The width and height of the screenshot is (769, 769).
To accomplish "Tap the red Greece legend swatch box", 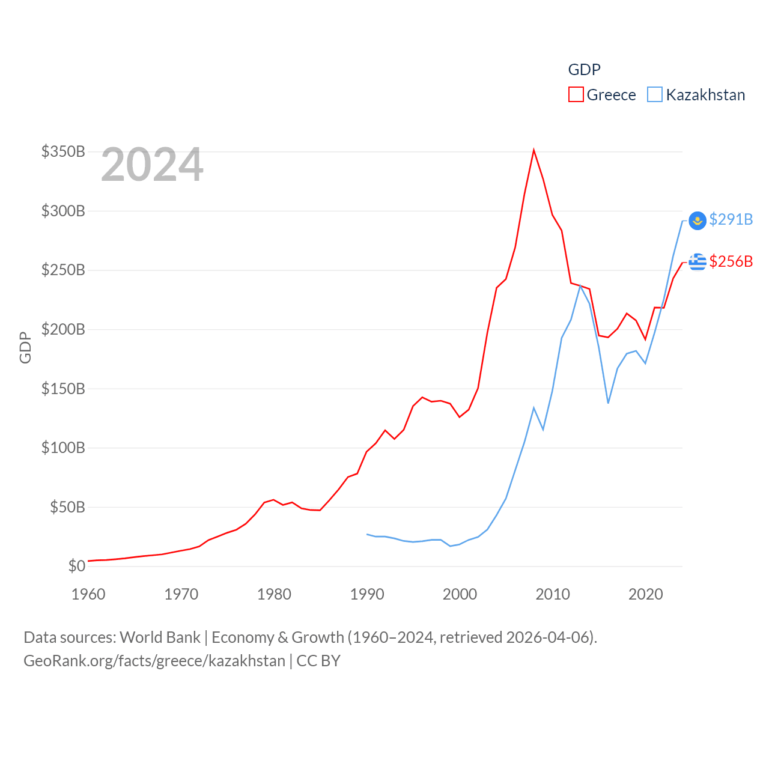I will tap(576, 95).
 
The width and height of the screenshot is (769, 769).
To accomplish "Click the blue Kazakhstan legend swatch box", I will tap(655, 95).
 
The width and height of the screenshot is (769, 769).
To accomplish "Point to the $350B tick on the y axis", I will tap(63, 151).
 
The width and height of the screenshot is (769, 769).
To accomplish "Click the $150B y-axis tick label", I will tap(63, 389).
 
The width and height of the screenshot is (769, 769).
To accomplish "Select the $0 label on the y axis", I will tap(77, 566).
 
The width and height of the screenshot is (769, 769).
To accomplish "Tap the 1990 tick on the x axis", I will tap(367, 594).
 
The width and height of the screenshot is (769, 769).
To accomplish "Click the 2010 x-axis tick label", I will tap(553, 594).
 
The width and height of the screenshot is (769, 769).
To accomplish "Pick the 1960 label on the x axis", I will tap(88, 594).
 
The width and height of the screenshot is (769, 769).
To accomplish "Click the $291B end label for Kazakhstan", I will tap(731, 219).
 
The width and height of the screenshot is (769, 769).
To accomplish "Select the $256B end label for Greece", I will tap(731, 261).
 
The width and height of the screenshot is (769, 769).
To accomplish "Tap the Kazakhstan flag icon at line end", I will tap(697, 220).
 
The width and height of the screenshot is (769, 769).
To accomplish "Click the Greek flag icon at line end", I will tap(697, 262).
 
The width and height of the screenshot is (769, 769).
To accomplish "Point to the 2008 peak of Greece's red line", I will tap(533, 150).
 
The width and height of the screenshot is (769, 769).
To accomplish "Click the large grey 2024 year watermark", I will tap(152, 165).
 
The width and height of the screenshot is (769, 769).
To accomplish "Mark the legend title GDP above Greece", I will tap(584, 70).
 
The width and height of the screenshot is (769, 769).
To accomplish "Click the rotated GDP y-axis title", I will tap(25, 347).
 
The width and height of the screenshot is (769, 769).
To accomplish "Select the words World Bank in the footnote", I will tap(160, 637).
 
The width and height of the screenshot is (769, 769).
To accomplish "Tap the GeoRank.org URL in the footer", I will tap(154, 661).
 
